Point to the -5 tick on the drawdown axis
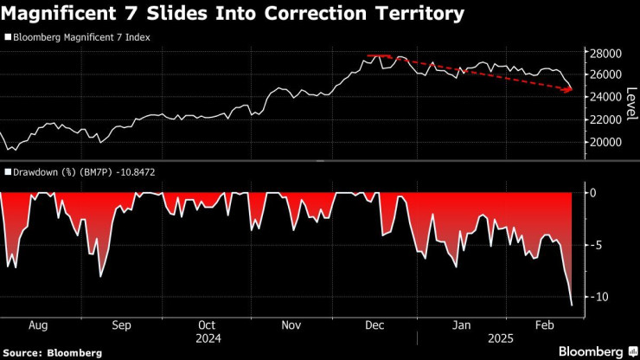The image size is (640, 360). tap(595, 246)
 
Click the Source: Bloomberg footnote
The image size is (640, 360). tap(52, 352)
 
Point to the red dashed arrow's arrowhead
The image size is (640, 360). tap(570, 89)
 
